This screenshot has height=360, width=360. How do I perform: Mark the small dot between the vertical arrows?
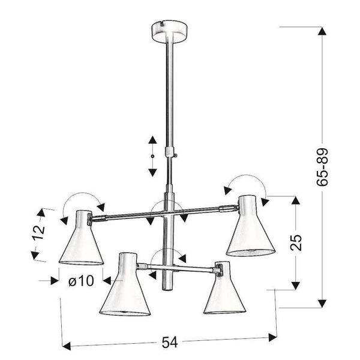[x=152, y=156]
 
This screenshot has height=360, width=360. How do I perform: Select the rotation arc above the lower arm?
[x=167, y=253]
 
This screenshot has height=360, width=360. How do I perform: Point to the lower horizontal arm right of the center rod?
[x=195, y=264]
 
